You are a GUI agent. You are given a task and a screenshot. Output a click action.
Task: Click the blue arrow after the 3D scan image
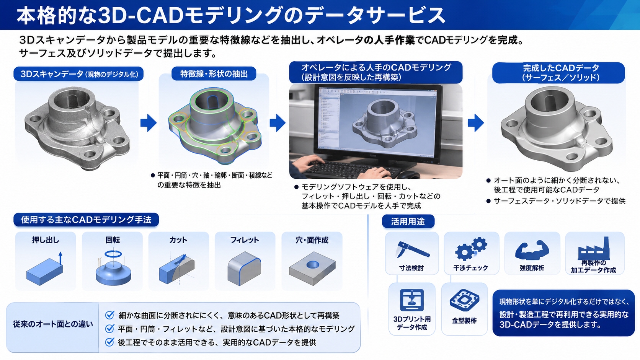click(149, 123)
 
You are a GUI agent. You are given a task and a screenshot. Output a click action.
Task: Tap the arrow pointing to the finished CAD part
click(476, 123)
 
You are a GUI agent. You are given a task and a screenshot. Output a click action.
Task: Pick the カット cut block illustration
click(177, 269)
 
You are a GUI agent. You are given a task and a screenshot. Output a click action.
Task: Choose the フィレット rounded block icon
click(244, 269)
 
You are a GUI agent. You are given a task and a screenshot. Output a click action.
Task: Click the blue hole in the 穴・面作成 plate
click(313, 265)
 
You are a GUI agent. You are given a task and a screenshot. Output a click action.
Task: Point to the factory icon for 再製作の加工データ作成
click(593, 248)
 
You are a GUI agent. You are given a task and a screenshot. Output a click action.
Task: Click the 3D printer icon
click(412, 300)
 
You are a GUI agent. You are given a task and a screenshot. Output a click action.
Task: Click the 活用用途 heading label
click(408, 222)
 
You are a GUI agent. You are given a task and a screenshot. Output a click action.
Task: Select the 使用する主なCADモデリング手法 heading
click(86, 220)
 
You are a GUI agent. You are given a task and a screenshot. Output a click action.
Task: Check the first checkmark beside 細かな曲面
click(110, 315)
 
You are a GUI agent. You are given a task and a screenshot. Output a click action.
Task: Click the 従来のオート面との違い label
click(53, 324)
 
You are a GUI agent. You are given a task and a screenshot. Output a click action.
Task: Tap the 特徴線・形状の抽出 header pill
click(214, 74)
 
